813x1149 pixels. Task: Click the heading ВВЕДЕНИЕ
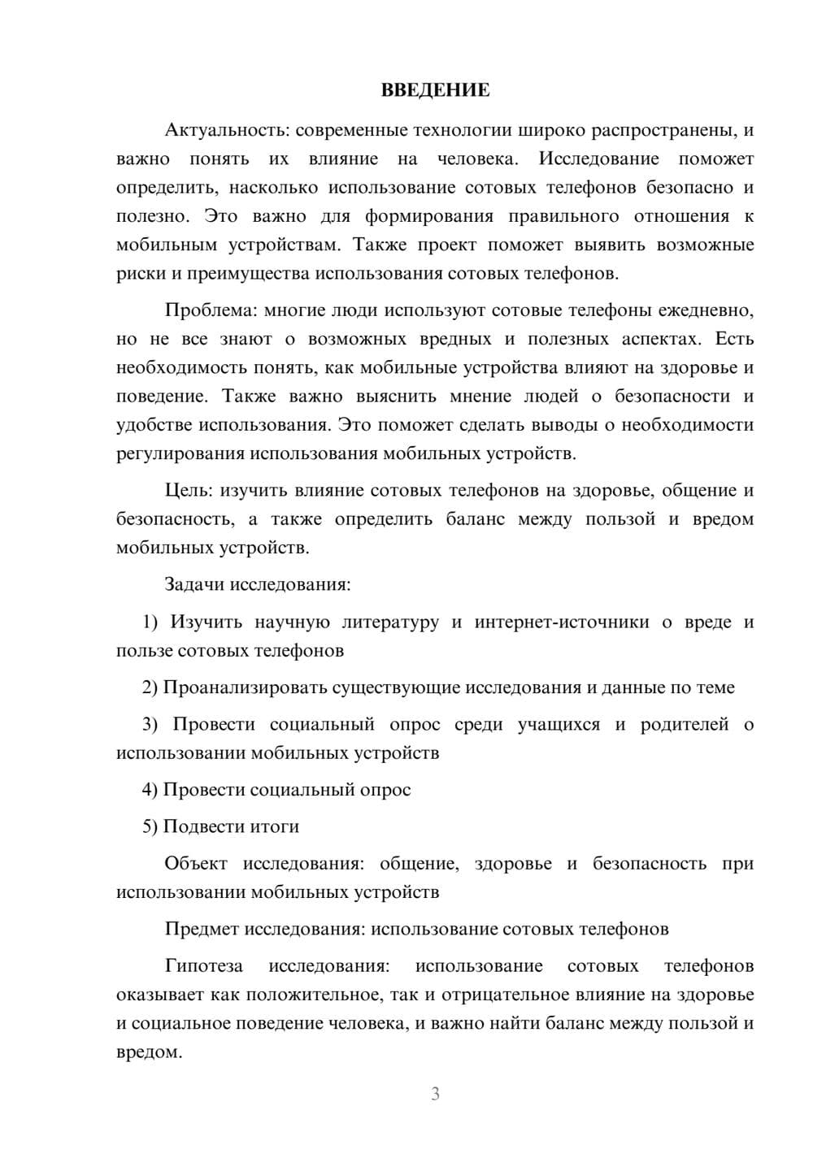click(435, 90)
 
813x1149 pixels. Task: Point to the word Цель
click(189, 491)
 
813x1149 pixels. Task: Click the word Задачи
click(195, 585)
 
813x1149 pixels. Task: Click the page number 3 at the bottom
click(435, 1094)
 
